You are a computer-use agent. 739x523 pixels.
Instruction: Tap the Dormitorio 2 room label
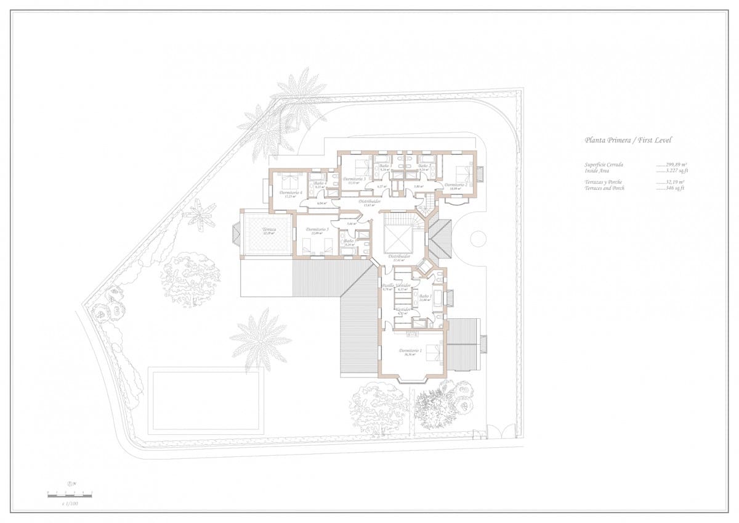pos(456,185)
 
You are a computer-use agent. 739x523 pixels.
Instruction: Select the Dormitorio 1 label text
pos(410,351)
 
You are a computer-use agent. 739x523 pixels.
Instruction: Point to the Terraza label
pos(269,229)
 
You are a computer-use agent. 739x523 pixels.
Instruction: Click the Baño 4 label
pos(319,183)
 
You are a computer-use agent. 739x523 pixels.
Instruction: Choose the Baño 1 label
pos(424,297)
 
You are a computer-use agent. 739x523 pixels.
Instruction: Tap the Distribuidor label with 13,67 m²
pos(369,202)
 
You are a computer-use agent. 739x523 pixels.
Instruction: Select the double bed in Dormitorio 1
pos(432,353)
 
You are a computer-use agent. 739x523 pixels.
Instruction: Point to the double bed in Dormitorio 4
pos(289,181)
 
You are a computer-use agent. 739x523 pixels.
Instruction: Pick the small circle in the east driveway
pos(479,238)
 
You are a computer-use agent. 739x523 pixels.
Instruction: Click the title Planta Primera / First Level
pos(628,140)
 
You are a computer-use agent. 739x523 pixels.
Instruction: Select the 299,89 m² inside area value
pos(671,165)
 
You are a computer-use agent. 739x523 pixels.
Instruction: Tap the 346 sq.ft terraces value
pos(671,187)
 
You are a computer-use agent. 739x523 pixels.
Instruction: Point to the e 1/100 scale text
pos(70,504)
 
